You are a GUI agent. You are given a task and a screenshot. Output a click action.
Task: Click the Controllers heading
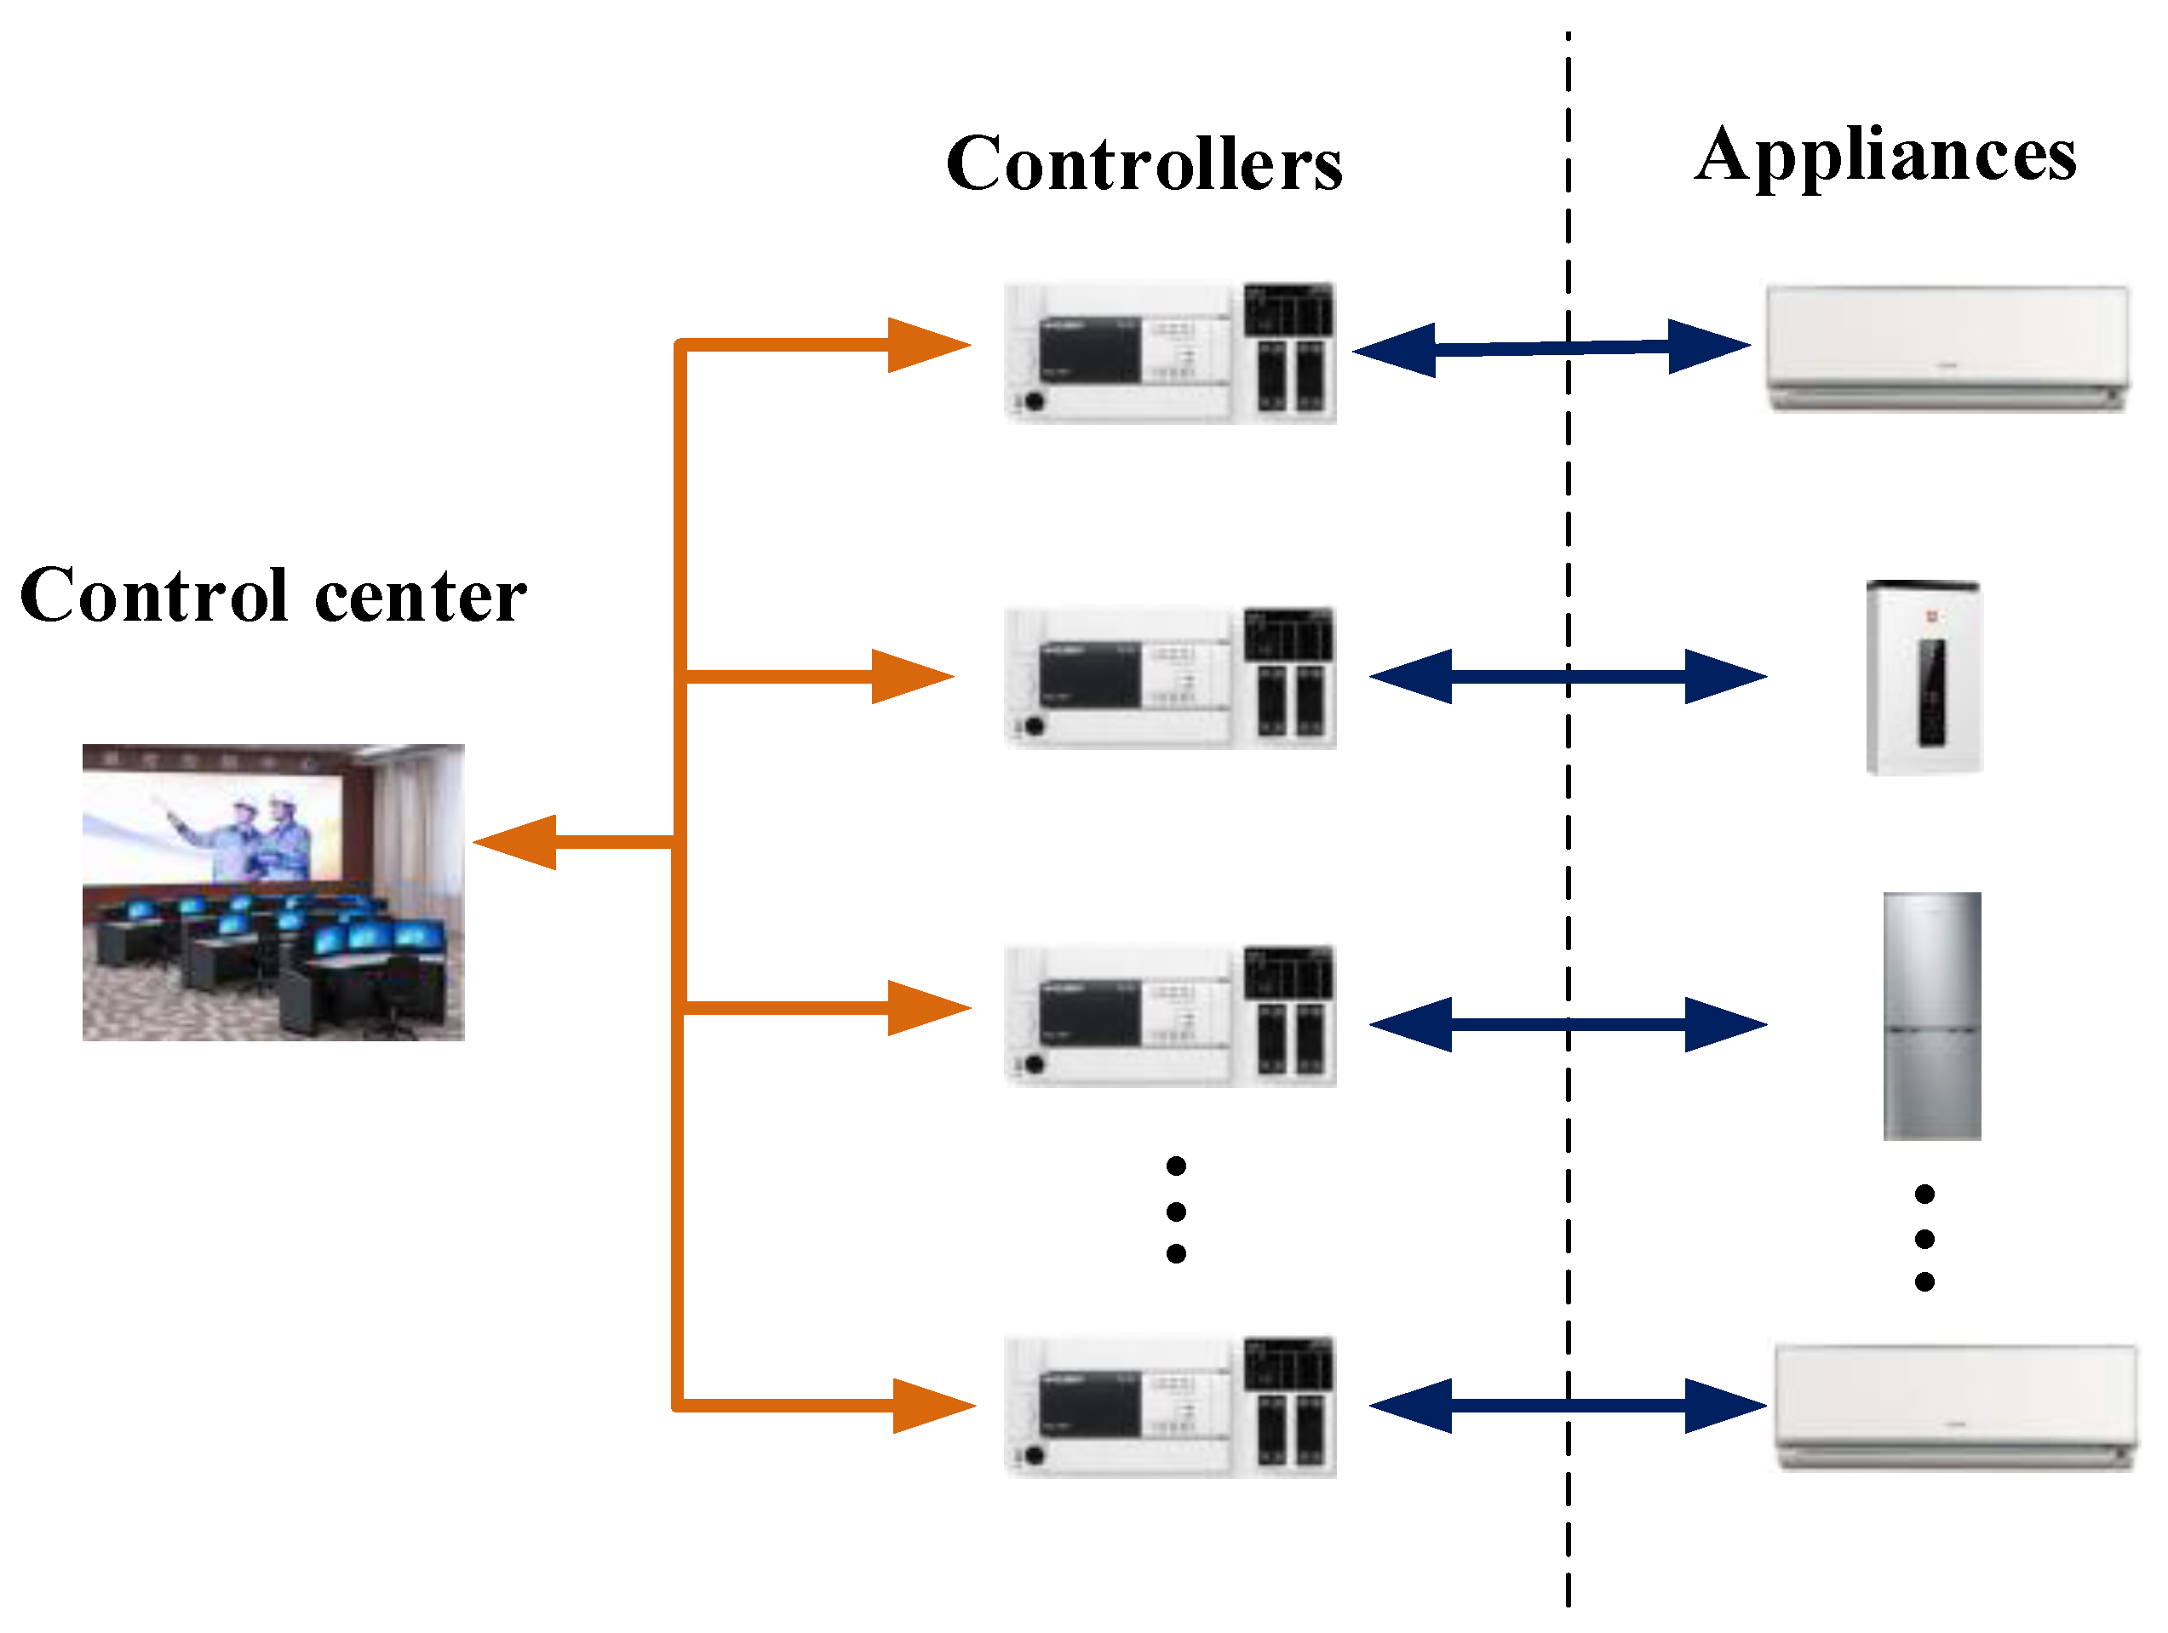click(1144, 163)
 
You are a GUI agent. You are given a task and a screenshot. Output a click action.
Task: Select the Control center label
click(273, 595)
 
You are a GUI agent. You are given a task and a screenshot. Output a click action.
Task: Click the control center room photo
click(273, 892)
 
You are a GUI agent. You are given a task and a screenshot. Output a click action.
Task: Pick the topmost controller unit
click(1170, 352)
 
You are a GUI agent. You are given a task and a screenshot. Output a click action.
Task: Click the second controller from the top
click(1170, 678)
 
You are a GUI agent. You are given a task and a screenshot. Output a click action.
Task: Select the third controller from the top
click(1170, 1016)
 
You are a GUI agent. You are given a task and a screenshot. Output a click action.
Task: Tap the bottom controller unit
click(1170, 1406)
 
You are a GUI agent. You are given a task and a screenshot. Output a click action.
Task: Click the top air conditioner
click(1947, 348)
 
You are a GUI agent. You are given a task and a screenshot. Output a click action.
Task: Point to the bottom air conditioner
click(1956, 1407)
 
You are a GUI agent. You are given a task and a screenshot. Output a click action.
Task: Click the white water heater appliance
click(1924, 679)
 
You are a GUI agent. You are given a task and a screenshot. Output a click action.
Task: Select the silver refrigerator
click(1932, 1016)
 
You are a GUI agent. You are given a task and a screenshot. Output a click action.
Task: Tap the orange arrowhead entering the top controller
click(926, 345)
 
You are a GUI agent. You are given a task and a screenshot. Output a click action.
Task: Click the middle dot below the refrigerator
click(1924, 1239)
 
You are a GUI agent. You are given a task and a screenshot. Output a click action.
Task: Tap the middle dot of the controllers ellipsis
click(1176, 1212)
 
